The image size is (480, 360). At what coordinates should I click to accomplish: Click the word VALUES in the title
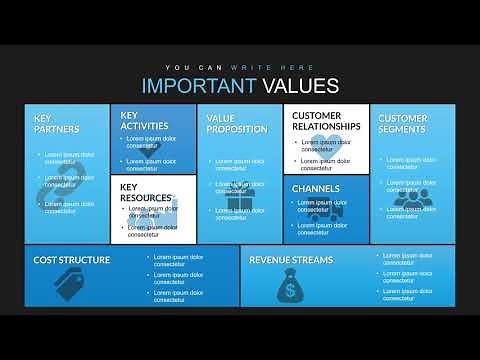pyautogui.click(x=300, y=86)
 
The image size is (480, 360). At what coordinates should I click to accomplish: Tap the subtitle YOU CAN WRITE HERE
pyautogui.click(x=240, y=67)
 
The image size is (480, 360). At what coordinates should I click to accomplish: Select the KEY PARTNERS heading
pyautogui.click(x=56, y=123)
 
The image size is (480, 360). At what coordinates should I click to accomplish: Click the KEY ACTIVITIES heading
pyautogui.click(x=144, y=120)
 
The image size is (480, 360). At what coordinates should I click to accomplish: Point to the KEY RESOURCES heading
pyautogui.click(x=145, y=192)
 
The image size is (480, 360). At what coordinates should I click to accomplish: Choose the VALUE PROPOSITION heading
pyautogui.click(x=237, y=123)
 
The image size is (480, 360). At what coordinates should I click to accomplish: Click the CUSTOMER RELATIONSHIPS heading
pyautogui.click(x=324, y=121)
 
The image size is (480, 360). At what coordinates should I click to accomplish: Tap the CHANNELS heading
pyautogui.click(x=316, y=188)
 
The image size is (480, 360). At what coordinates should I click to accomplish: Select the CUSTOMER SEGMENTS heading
pyautogui.click(x=403, y=123)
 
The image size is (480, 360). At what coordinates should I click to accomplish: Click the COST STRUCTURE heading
pyautogui.click(x=72, y=260)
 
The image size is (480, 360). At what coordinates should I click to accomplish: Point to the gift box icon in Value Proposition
pyautogui.click(x=239, y=202)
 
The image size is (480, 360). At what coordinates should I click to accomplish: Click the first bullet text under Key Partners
pyautogui.click(x=70, y=158)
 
